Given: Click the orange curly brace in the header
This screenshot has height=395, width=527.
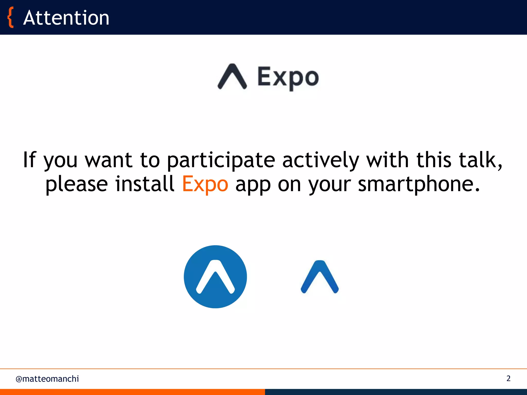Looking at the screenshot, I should (x=10, y=17).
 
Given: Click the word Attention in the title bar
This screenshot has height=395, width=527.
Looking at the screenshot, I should (x=66, y=18).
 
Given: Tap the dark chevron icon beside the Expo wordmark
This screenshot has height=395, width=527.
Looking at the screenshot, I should (x=232, y=77).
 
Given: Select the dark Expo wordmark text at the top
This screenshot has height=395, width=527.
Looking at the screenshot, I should (x=288, y=77).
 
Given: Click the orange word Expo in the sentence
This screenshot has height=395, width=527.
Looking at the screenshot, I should (x=205, y=184).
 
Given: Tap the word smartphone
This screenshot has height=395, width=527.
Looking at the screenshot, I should (x=419, y=184).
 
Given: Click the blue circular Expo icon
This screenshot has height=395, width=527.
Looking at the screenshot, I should (x=215, y=277).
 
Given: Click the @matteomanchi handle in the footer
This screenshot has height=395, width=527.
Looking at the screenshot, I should (x=47, y=379).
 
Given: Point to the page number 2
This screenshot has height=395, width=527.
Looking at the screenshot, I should (x=508, y=378).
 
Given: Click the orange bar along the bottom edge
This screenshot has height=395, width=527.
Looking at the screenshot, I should (x=132, y=392).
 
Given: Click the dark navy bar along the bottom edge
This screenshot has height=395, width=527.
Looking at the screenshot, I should (x=396, y=392).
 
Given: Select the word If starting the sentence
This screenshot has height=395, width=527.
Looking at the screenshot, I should (x=29, y=160).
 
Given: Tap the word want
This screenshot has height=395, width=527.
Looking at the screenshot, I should (x=109, y=160).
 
